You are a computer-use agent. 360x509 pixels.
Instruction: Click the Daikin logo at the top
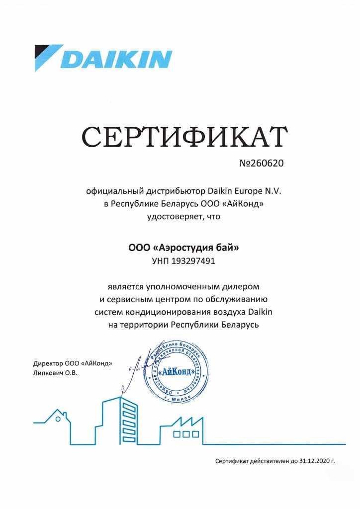[x=103, y=58]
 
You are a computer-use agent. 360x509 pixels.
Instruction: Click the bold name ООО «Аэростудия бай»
[x=184, y=247]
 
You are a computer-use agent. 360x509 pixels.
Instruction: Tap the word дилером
[x=240, y=287]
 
